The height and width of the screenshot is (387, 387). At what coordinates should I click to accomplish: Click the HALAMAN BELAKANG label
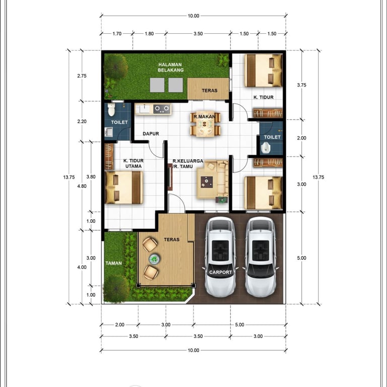171,68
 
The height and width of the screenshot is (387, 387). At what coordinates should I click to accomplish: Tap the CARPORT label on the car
220,272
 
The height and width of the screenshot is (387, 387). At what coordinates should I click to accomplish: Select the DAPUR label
151,134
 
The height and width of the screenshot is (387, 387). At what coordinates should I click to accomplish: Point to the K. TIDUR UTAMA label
133,163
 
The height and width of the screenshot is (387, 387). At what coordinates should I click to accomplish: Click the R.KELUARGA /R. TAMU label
188,164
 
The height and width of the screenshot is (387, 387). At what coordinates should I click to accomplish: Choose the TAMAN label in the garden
113,263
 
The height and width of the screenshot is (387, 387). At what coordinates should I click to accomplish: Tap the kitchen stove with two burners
162,109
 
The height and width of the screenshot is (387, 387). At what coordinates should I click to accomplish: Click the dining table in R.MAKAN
205,124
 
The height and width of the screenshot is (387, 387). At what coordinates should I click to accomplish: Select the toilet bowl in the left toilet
111,109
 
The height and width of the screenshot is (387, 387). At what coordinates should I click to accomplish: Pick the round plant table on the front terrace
154,259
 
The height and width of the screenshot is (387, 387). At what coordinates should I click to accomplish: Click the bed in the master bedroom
124,187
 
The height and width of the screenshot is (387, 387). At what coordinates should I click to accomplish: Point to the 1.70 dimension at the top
117,34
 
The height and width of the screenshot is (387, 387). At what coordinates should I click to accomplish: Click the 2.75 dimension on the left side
82,76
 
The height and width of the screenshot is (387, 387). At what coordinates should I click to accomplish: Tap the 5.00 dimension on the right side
301,258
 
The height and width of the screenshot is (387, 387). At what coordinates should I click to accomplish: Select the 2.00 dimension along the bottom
120,325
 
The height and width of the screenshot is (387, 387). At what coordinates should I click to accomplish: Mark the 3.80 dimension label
91,177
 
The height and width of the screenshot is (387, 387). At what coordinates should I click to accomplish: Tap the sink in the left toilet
109,132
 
